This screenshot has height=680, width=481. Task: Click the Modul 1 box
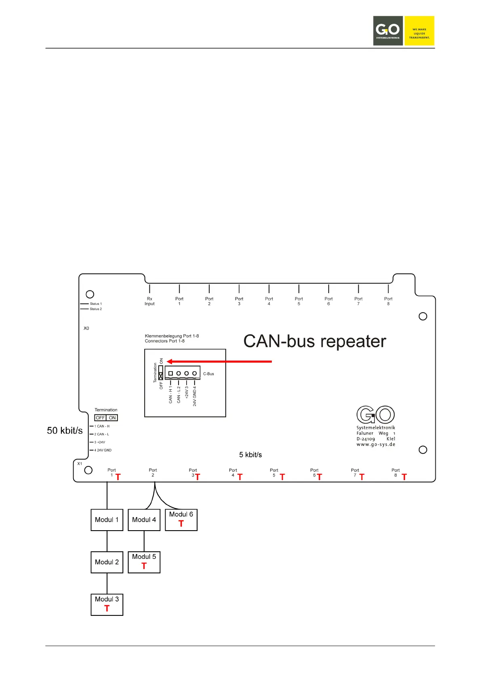pos(107,520)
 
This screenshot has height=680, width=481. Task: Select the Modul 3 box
pos(107,604)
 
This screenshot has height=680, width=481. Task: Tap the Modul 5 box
pos(144,562)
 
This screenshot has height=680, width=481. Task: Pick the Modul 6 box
pos(181,519)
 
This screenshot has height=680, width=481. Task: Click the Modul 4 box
pos(144,520)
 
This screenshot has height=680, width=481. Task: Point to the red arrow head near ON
pos(170,361)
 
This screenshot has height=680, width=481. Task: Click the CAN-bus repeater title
pos(315,341)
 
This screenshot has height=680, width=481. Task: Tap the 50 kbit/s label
pos(65,430)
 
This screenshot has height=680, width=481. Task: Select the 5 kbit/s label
pos(250,455)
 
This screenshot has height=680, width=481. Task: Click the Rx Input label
pos(149,301)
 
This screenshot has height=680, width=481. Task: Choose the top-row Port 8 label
pos(388,301)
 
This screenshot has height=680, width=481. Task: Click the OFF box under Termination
pos(100,418)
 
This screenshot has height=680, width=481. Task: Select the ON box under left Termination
pos(112,418)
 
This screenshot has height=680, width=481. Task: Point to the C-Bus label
pos(208,374)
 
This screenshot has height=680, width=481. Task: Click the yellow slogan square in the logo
pos(419,31)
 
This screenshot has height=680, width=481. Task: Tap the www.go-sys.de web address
pos(376,445)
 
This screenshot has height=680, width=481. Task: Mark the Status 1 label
pos(96,304)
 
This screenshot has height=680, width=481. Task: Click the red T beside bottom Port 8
pos(404,477)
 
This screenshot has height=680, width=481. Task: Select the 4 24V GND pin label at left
pos(103,450)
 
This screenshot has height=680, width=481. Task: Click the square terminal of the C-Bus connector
pos(170,374)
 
